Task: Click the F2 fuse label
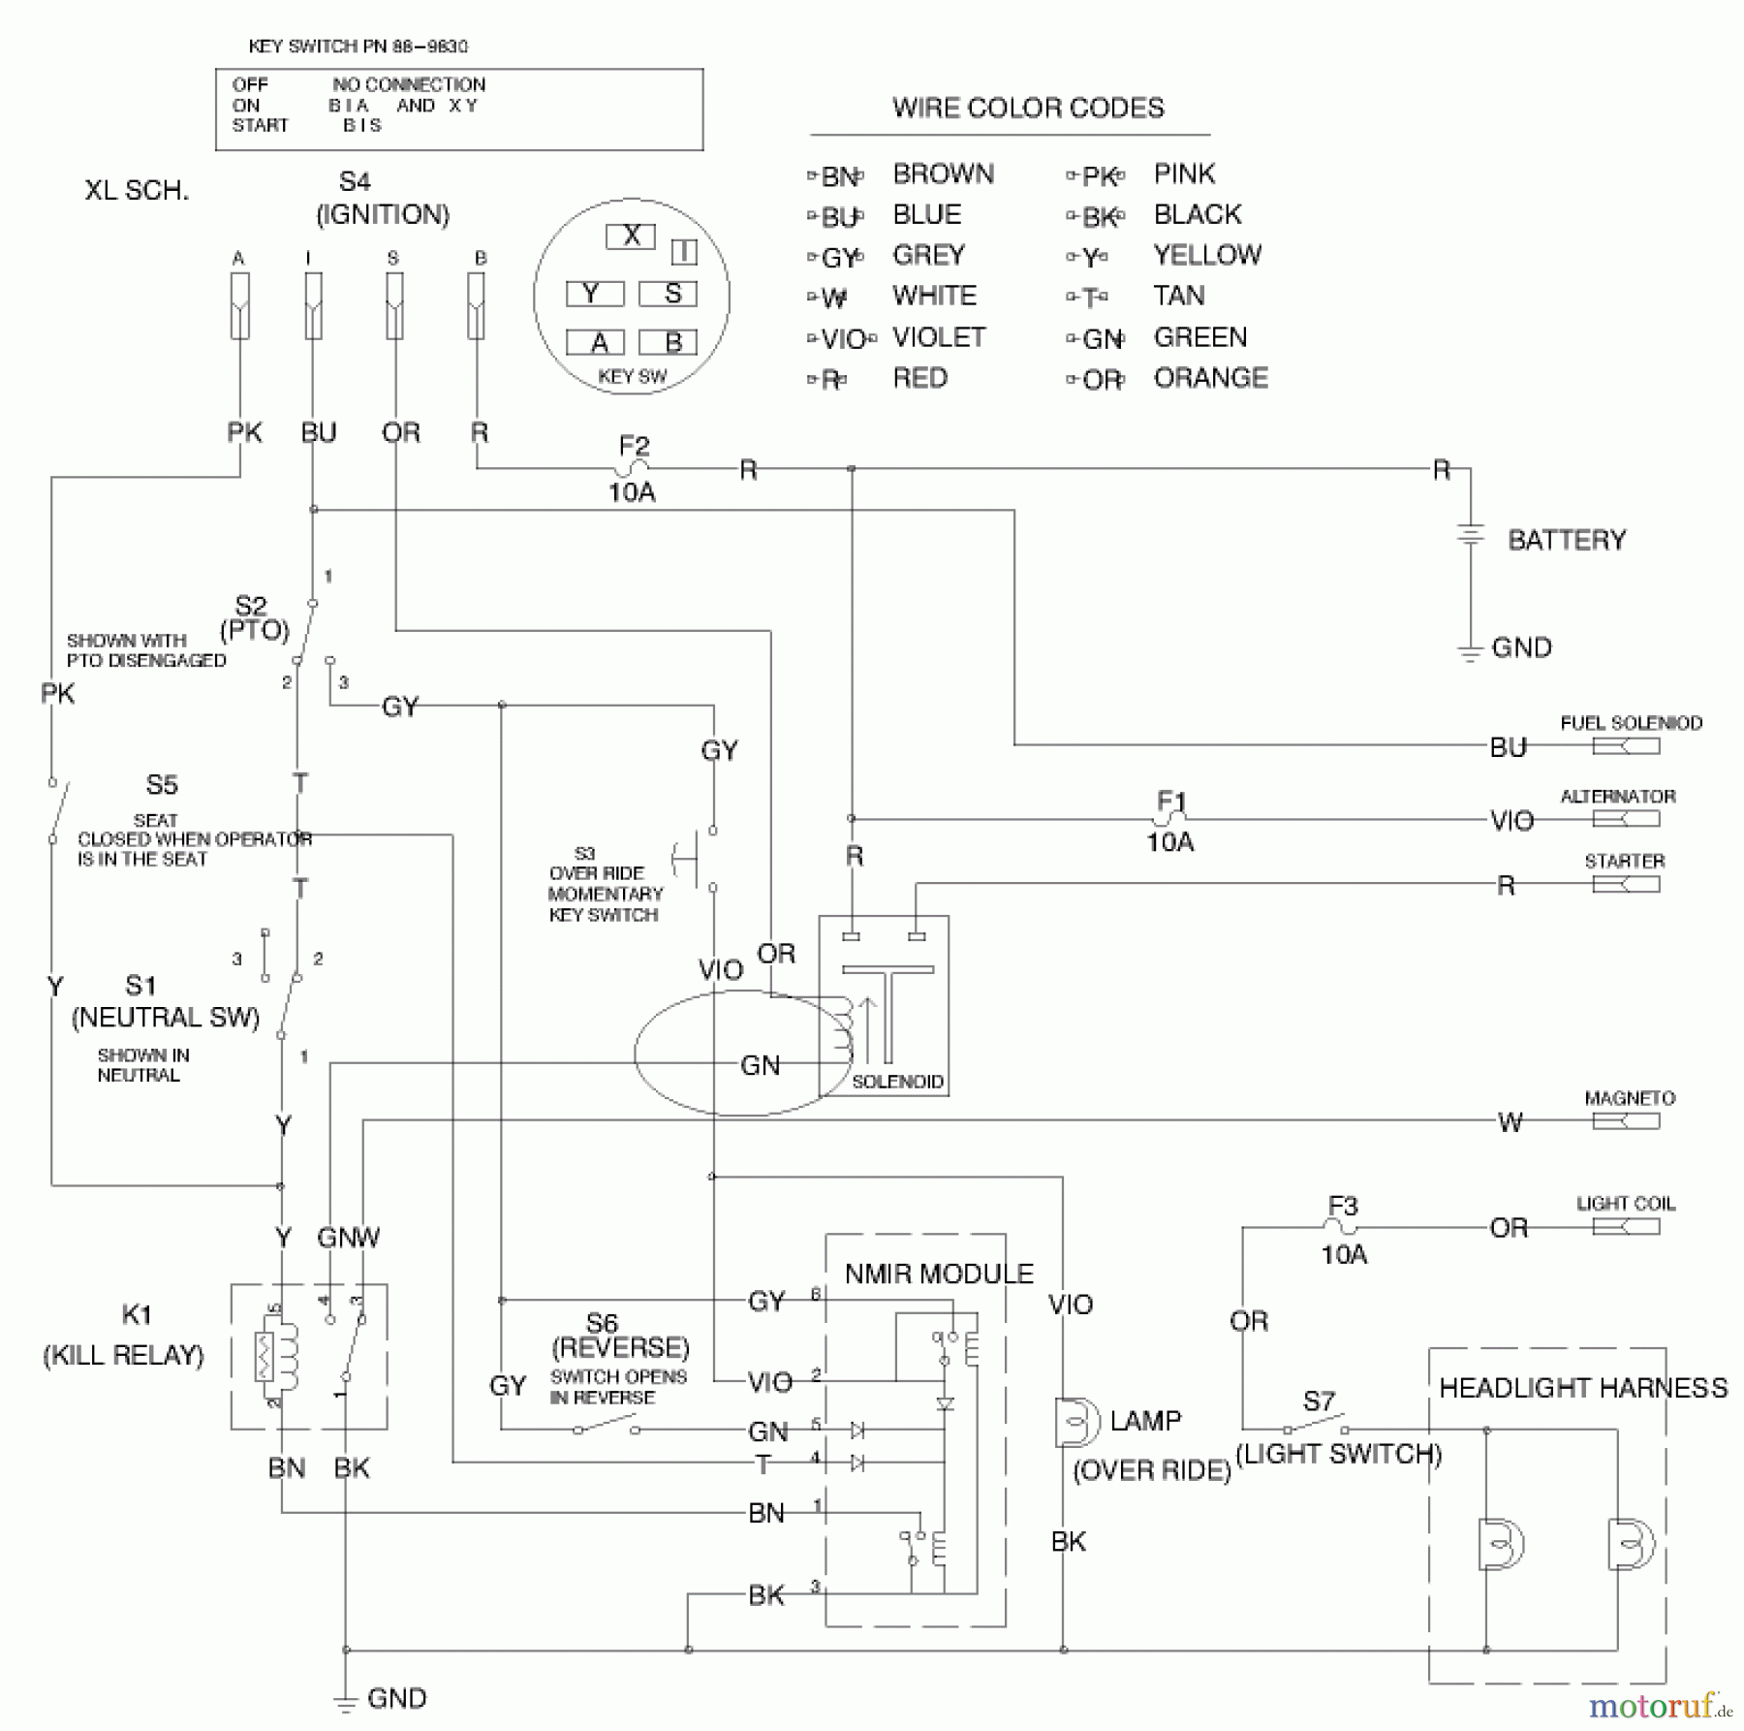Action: point(634,446)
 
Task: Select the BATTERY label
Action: point(1566,540)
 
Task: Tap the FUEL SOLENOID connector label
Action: point(1630,723)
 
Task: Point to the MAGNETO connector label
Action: point(1629,1098)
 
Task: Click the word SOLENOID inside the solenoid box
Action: point(897,1082)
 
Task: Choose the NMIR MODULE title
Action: point(938,1274)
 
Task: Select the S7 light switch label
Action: point(1318,1401)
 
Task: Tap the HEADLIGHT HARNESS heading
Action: point(1582,1388)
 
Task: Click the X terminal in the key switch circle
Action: point(631,236)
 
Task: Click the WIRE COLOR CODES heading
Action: point(1027,108)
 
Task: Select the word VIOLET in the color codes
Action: point(938,337)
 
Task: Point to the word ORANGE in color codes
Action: point(1210,378)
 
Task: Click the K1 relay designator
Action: point(137,1314)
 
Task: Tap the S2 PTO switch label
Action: point(251,607)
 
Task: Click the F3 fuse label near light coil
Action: point(1342,1206)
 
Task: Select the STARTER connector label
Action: point(1624,861)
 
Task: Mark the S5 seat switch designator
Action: point(162,784)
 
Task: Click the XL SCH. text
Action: point(137,190)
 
